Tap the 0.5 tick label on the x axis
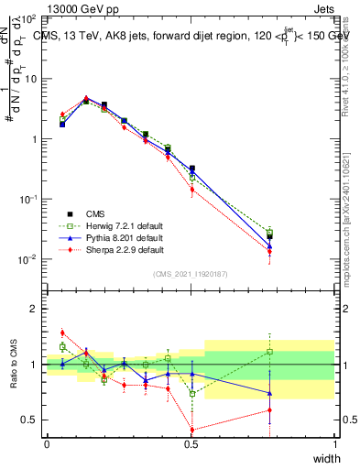(x=191, y=444)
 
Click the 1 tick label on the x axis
(x=335, y=444)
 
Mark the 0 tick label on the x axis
(x=47, y=444)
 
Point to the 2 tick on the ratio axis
(x=36, y=309)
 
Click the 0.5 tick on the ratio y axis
(x=30, y=420)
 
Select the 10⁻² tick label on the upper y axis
(x=28, y=259)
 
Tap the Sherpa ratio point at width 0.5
(x=191, y=430)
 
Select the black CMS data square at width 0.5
(x=191, y=169)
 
